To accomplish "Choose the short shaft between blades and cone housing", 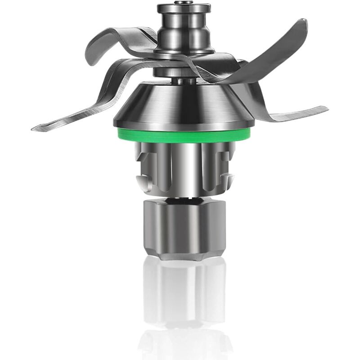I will point(184,81).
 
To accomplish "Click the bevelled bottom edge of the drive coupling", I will point(184,256).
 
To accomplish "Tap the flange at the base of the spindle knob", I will point(183,52).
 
